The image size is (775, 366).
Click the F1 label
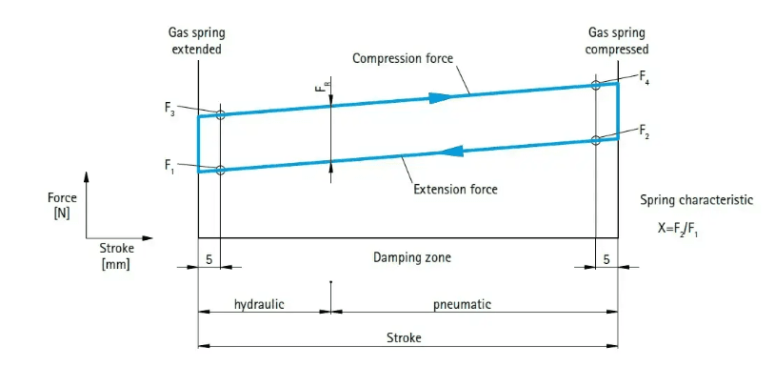(x=169, y=164)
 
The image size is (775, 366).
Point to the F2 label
(x=644, y=129)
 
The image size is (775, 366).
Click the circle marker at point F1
(x=220, y=170)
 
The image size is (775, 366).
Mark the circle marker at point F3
(x=220, y=114)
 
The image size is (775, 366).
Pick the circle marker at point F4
(x=596, y=86)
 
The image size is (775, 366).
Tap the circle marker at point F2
(x=596, y=140)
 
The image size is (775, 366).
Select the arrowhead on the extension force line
(x=451, y=151)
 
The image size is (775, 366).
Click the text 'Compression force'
(x=403, y=58)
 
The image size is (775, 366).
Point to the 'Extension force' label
(x=455, y=189)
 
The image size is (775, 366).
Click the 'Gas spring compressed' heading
(x=619, y=42)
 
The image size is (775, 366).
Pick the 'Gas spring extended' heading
(x=197, y=42)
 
